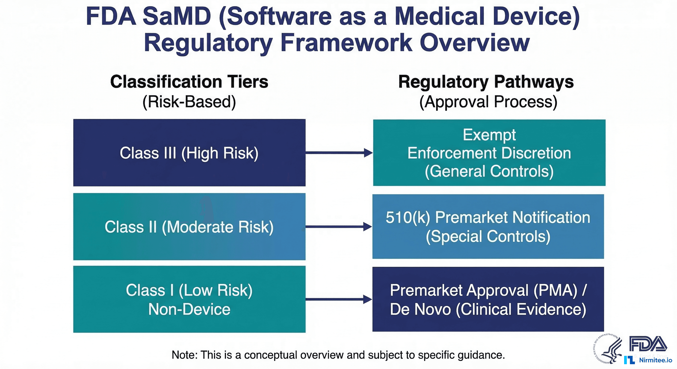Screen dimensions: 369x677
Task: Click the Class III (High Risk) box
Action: pos(189,153)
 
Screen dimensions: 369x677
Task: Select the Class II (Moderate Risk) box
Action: pos(189,227)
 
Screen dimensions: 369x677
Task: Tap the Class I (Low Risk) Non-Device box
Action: pos(189,299)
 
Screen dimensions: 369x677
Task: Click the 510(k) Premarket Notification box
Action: pos(488,226)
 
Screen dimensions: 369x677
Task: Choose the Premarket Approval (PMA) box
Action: pos(488,299)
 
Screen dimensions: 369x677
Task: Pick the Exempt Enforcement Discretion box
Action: pos(489,153)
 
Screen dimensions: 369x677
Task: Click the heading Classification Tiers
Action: pos(189,82)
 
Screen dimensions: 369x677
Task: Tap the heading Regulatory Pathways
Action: pos(486,82)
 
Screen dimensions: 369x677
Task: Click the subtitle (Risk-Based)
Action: pos(189,102)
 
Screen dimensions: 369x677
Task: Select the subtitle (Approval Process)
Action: pos(488,102)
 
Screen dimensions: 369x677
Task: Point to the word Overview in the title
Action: pos(475,43)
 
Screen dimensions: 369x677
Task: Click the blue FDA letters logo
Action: pos(648,344)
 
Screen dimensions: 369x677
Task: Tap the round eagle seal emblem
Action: pos(608,349)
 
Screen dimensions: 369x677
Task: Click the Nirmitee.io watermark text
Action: pos(655,360)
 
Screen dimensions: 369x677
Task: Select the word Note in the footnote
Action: pos(184,355)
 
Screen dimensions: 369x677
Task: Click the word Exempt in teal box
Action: pos(489,135)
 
